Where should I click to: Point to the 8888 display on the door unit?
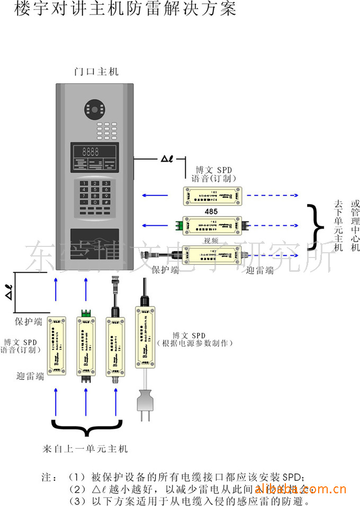pyautogui.click(x=87, y=150)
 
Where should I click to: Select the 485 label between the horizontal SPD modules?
pyautogui.click(x=212, y=211)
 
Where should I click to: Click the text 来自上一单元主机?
pyautogui.click(x=85, y=448)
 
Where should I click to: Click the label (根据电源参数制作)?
pyautogui.click(x=194, y=344)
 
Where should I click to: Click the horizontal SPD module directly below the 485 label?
pyautogui.click(x=212, y=225)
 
